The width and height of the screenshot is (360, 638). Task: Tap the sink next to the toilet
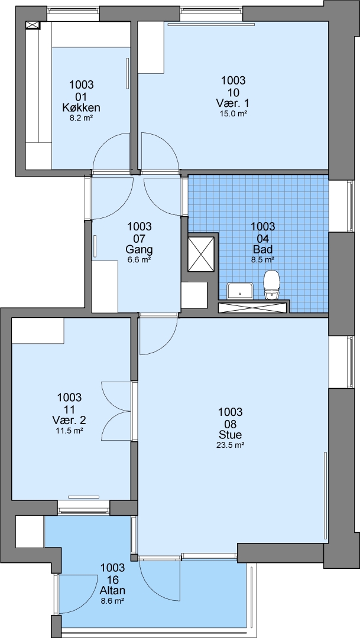pyautogui.click(x=240, y=291)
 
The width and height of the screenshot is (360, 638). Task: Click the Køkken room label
pyautogui.click(x=82, y=108)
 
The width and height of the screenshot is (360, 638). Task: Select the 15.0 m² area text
pyautogui.click(x=233, y=114)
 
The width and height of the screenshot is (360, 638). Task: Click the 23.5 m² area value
pyautogui.click(x=230, y=445)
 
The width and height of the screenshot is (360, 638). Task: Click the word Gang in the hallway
pyautogui.click(x=140, y=249)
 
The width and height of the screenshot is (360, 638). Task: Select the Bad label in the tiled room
pyautogui.click(x=262, y=249)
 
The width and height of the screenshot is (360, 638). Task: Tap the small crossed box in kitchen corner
pyautogui.click(x=33, y=25)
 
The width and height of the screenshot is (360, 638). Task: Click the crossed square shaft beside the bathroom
pyautogui.click(x=201, y=253)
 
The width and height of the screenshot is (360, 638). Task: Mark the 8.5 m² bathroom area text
pyautogui.click(x=262, y=259)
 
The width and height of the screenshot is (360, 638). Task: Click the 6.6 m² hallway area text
pyautogui.click(x=140, y=259)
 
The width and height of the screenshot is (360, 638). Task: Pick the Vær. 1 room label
pyautogui.click(x=233, y=103)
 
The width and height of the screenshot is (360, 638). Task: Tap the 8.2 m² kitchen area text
pyautogui.click(x=82, y=119)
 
